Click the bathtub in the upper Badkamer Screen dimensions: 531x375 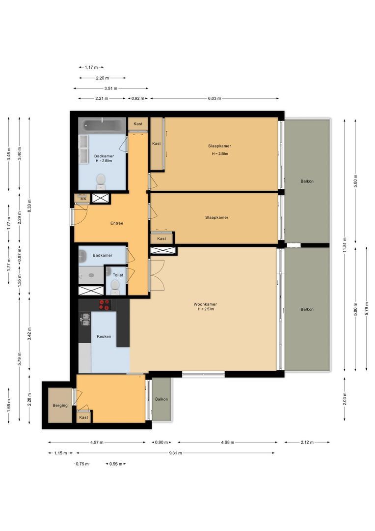[x=103, y=125]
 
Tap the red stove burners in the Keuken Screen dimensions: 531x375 [x=105, y=305]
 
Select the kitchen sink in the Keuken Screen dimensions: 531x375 [x=85, y=320]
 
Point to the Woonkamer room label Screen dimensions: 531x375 [x=205, y=304]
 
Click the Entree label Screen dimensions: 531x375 [x=116, y=223]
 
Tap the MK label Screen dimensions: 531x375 [x=83, y=199]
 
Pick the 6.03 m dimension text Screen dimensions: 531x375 [x=214, y=98]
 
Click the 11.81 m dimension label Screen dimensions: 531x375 [x=345, y=244]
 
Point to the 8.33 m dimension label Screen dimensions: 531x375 [x=29, y=205]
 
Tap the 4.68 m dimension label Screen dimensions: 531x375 [x=226, y=442]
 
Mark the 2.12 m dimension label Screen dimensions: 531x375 [x=307, y=442]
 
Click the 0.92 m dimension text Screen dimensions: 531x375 [x=138, y=98]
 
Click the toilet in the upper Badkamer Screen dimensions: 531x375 [x=101, y=180]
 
